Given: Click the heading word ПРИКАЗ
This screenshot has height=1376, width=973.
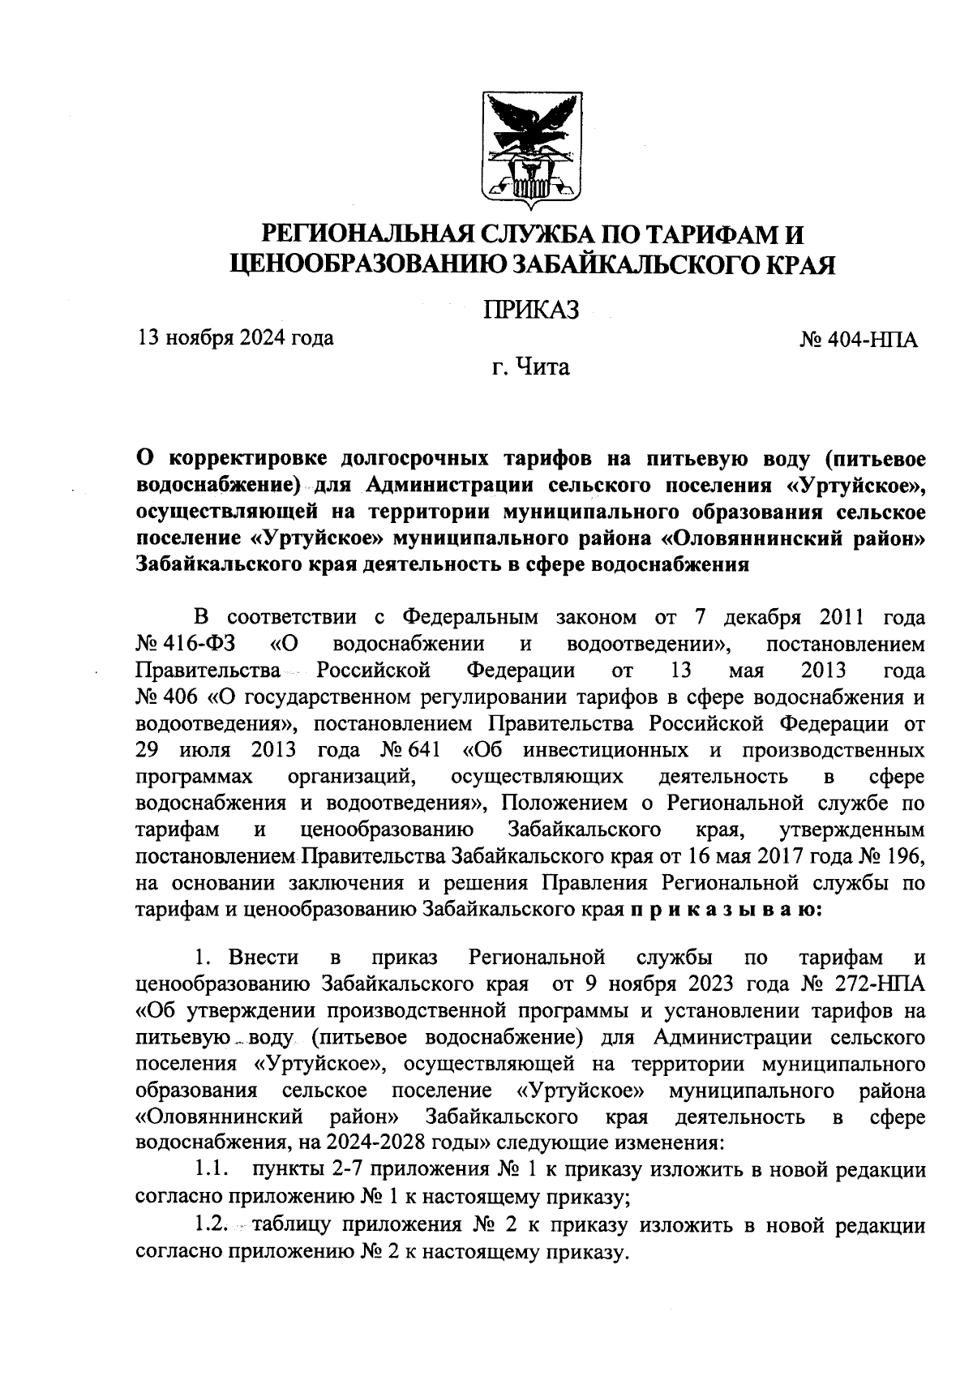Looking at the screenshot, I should (532, 311).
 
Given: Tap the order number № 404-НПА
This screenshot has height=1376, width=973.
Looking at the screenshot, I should (859, 338).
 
